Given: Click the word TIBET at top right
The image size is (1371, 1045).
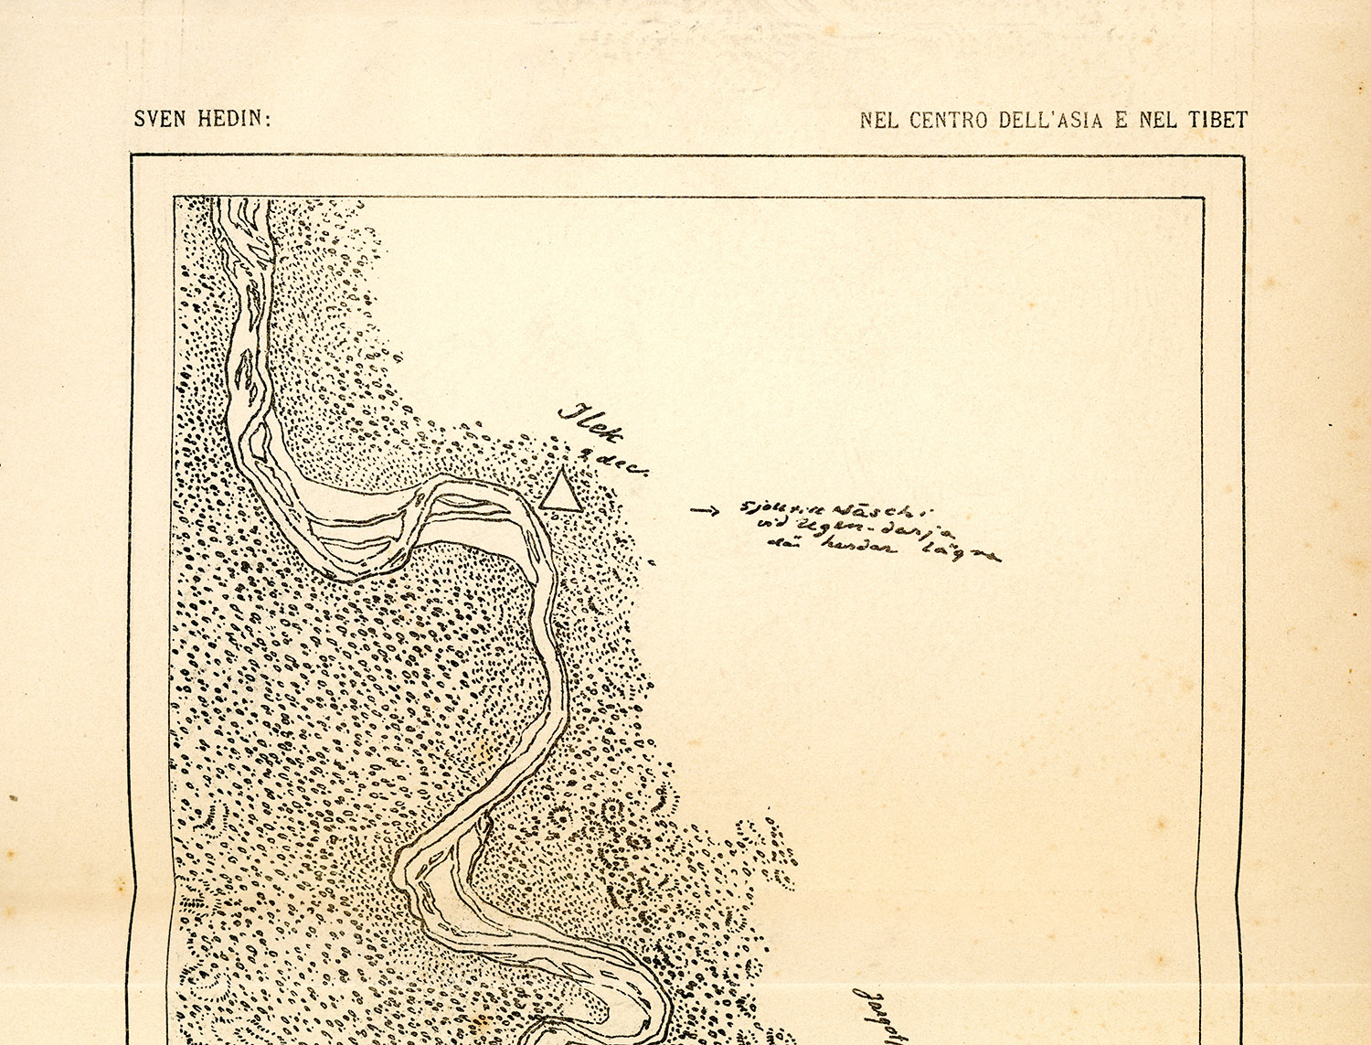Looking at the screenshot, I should coord(1217,121).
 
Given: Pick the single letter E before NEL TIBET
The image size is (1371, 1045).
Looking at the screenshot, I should coord(1121,121).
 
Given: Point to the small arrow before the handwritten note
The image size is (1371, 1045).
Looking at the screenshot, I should coord(705,510).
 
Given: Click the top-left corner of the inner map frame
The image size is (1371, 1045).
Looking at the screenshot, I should coord(175,197).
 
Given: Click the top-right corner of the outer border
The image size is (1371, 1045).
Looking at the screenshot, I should coord(1243,156).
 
